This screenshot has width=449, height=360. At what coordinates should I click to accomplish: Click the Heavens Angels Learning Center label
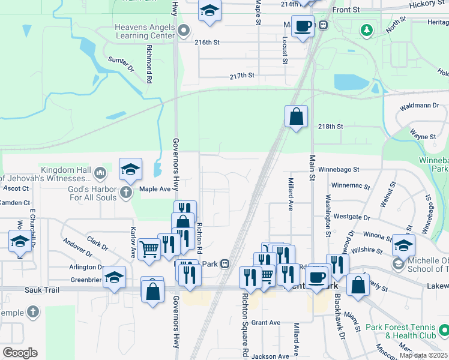[x=145, y=31]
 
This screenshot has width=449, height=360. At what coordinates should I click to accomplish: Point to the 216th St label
[x=207, y=43]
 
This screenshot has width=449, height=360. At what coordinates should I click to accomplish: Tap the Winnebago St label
[x=339, y=170]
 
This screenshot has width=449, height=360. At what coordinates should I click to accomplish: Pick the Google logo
[x=20, y=353]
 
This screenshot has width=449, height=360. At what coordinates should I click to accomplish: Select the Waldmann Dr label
[x=420, y=106]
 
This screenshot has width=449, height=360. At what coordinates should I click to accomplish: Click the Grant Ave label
[x=266, y=323]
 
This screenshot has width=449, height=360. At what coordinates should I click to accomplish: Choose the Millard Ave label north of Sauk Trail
[x=291, y=194]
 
